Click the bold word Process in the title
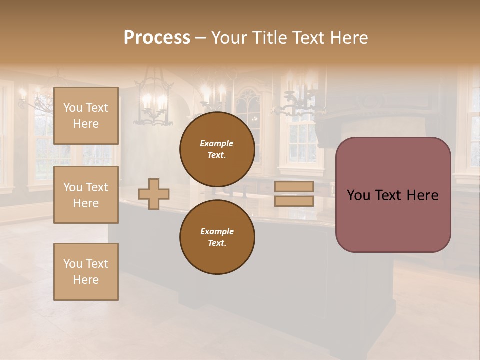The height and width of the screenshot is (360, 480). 157,38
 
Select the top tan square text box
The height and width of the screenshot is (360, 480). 86,116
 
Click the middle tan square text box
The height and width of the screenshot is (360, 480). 86,195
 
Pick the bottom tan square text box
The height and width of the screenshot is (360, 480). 86,271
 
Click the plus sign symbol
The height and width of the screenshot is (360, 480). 154,193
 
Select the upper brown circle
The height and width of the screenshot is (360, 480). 217,149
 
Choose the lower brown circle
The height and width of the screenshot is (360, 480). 217,237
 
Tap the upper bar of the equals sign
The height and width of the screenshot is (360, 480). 294,186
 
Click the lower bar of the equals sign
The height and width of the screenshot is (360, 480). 294,201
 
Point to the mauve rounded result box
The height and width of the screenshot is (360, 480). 393,220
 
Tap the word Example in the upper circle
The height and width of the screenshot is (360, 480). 217,143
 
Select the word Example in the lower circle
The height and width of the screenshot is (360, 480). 217,231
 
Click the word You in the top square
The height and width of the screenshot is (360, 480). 73,108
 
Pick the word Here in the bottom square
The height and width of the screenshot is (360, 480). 86,280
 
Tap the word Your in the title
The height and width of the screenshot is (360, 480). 229,38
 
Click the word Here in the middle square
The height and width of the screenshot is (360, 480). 86,203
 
